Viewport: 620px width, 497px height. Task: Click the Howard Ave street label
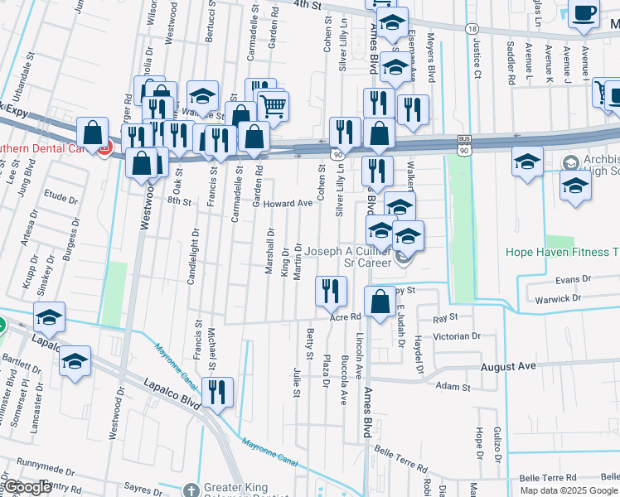(x=288, y=203)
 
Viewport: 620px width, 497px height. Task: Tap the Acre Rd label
(x=346, y=316)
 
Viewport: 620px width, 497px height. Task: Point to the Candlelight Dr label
(x=193, y=257)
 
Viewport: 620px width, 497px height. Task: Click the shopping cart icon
(x=273, y=105)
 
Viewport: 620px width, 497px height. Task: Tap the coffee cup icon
(x=584, y=14)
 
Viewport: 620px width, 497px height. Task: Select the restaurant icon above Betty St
(x=330, y=290)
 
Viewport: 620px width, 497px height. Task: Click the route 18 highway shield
(x=472, y=28)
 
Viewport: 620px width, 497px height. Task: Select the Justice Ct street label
(x=477, y=61)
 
